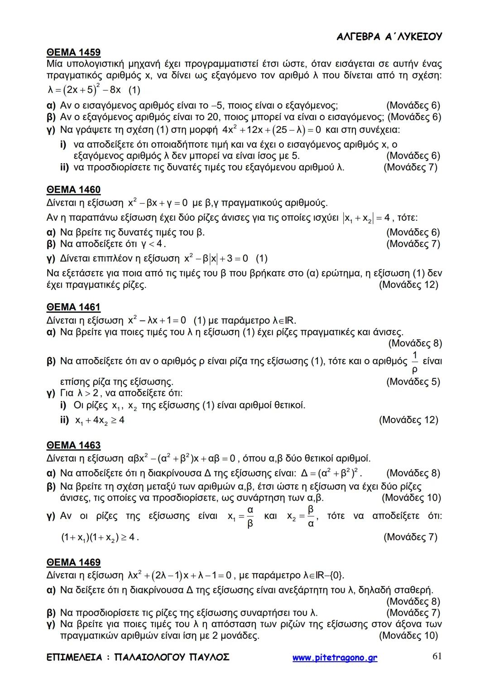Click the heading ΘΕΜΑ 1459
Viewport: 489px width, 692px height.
pyautogui.click(x=73, y=52)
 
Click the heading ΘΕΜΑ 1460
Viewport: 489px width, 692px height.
pyautogui.click(x=73, y=189)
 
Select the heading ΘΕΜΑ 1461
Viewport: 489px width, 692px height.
pyautogui.click(x=73, y=307)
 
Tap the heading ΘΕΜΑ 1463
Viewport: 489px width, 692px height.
pyautogui.click(x=73, y=445)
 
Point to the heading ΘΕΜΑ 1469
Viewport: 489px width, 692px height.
pyautogui.click(x=73, y=562)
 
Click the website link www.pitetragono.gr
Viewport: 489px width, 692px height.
pyautogui.click(x=335, y=658)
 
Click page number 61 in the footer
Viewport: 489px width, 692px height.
pyautogui.click(x=437, y=656)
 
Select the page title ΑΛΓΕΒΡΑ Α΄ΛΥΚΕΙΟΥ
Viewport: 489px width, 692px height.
pyautogui.click(x=389, y=37)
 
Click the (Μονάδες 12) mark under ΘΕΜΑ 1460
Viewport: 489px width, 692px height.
pyautogui.click(x=408, y=285)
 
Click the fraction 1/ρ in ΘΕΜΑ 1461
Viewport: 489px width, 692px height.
pyautogui.click(x=415, y=362)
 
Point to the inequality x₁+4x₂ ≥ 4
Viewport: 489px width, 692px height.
pyautogui.click(x=99, y=421)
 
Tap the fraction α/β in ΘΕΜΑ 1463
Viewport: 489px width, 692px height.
pyautogui.click(x=250, y=517)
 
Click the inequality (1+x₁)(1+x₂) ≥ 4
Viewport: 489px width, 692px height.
pyautogui.click(x=100, y=537)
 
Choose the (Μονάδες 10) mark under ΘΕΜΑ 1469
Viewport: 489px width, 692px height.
pyautogui.click(x=408, y=635)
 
